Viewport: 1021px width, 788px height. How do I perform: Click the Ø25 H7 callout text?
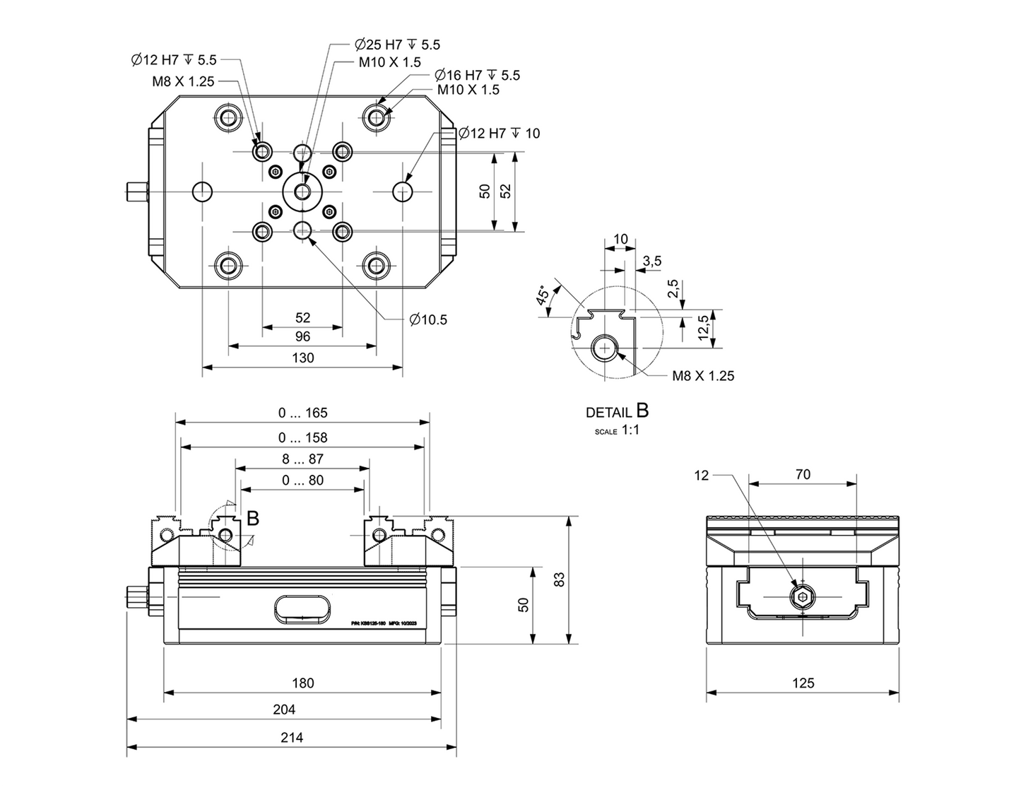(x=397, y=45)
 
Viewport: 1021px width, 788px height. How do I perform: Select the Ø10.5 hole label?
(x=428, y=319)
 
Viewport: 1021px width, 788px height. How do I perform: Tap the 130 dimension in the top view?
(x=302, y=358)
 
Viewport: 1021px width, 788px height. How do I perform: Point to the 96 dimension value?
(x=302, y=337)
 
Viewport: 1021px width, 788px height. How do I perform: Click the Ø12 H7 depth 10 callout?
(x=499, y=133)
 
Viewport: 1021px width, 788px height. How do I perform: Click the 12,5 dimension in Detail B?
(x=703, y=328)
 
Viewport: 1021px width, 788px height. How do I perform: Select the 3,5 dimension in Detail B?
(x=651, y=261)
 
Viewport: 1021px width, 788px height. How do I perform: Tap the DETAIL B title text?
(x=616, y=411)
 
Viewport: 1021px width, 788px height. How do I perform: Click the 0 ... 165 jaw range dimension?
(x=302, y=413)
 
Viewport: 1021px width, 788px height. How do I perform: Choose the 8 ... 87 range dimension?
(x=302, y=459)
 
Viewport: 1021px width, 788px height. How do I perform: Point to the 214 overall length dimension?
(x=291, y=737)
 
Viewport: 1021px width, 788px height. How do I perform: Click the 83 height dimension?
(x=560, y=580)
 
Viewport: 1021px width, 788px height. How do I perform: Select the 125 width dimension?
(x=803, y=683)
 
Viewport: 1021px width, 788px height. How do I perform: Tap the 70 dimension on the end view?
(x=803, y=474)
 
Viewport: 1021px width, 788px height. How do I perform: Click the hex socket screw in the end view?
(x=803, y=597)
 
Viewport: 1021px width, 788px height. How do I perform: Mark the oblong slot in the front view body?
(x=302, y=608)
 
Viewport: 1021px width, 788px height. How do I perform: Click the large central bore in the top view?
(x=302, y=192)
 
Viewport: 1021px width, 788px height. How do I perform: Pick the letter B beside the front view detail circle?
(x=252, y=518)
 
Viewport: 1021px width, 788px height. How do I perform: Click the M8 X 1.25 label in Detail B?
(x=702, y=376)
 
